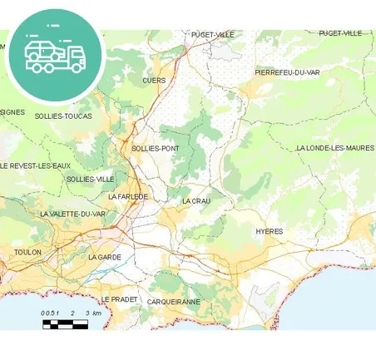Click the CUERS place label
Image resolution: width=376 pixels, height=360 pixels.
coord(154,81)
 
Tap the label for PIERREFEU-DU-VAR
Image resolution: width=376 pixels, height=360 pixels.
coord(287,72)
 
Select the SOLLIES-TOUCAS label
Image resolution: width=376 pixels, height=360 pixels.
coord(63,116)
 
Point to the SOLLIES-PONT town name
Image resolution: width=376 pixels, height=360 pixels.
coord(156,148)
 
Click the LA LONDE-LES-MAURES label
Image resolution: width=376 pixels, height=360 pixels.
coord(335,148)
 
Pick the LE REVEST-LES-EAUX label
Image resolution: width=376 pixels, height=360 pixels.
coord(36,165)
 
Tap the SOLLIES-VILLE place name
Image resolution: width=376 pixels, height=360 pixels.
coord(91,179)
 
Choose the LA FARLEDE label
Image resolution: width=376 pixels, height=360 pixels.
coord(128,196)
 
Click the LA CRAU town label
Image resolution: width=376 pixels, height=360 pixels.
coord(197,201)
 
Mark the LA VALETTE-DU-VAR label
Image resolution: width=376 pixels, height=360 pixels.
coord(72,214)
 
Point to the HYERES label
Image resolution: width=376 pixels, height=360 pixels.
coord(270,231)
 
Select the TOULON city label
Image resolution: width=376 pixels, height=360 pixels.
coord(27,251)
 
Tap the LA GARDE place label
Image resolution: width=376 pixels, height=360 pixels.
coord(105,257)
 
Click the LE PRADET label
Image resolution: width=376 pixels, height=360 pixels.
coord(119,298)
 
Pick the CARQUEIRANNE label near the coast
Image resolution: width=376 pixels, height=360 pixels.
coord(174,301)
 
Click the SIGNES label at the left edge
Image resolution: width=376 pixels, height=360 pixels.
coord(12,111)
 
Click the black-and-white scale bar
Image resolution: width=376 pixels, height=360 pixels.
coord(65,323)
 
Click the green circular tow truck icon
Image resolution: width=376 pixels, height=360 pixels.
coord(56,54)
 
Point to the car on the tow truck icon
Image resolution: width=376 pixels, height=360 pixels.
coord(42,51)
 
